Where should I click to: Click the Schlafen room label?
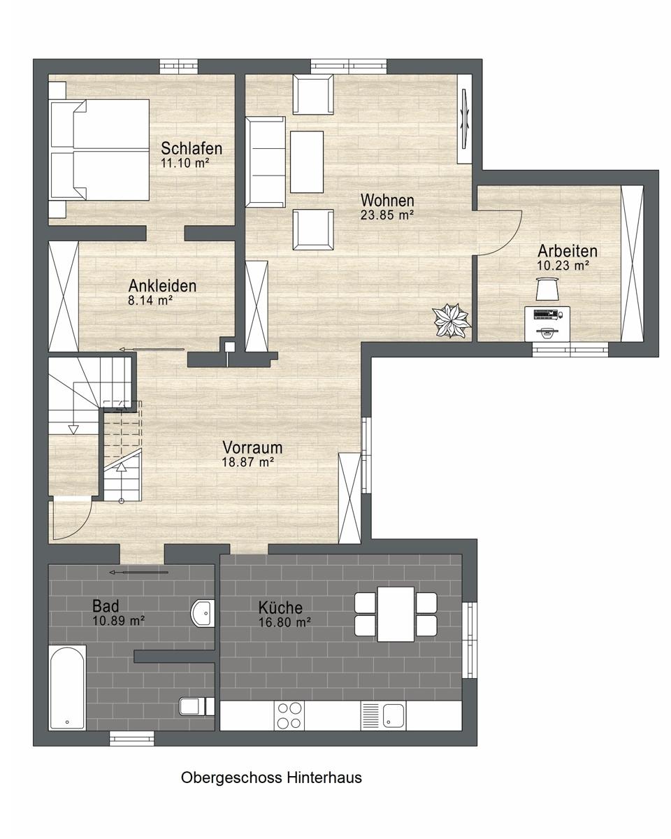(x=192, y=148)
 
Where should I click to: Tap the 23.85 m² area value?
(x=387, y=215)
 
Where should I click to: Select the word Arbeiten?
(x=568, y=251)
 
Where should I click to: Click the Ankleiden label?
(x=162, y=286)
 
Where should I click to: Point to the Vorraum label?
(x=252, y=447)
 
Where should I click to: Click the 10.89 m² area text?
(x=119, y=621)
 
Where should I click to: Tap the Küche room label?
(x=280, y=608)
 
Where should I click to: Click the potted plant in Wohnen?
(x=451, y=321)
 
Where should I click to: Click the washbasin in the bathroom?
(x=203, y=614)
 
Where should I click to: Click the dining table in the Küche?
(x=396, y=614)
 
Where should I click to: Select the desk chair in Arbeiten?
(x=547, y=289)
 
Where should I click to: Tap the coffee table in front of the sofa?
(x=307, y=162)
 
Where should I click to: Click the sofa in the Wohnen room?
(x=265, y=162)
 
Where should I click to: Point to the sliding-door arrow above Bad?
(x=139, y=573)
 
